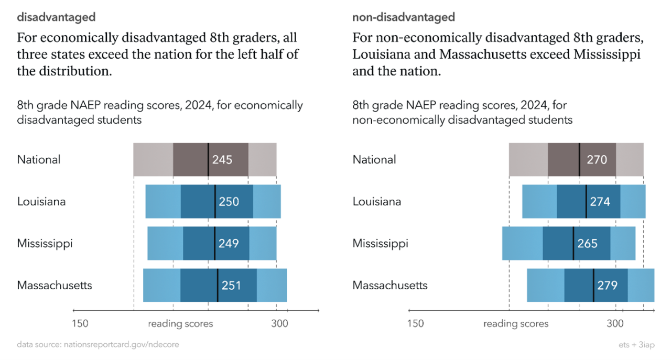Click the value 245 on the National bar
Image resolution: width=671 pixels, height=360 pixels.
pos(222,160)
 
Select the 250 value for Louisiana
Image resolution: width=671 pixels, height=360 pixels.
pos(229,202)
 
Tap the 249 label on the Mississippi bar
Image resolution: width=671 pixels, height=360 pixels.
pos(229,244)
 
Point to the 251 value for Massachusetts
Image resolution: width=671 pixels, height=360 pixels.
pos(231,286)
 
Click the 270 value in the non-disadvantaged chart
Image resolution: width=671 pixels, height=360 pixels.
pos(597,160)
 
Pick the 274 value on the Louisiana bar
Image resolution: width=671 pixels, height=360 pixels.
pos(600,202)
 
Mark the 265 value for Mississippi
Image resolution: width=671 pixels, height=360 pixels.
pos(587,244)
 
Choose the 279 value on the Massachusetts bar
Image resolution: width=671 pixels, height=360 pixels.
pos(608,286)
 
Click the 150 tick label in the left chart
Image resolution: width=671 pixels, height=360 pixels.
pos(80,324)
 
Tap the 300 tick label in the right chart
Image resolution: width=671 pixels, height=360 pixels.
pos(615,324)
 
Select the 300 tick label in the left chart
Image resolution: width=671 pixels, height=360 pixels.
pos(279,324)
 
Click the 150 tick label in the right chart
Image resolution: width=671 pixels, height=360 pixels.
pos(415,324)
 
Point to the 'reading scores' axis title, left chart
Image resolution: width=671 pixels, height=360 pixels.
pos(180,324)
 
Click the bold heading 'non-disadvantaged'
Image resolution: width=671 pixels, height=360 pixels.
pos(404,17)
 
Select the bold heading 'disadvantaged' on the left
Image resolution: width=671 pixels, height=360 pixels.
pos(56,17)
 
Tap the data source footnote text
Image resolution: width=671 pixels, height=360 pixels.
pos(98,345)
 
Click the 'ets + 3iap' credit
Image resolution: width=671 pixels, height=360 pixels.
pos(636,345)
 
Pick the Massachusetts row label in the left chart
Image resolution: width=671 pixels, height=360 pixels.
pos(55,286)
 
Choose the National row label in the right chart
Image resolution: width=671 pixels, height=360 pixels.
pos(374,160)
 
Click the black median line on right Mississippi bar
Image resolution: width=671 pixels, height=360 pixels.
pos(573,244)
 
